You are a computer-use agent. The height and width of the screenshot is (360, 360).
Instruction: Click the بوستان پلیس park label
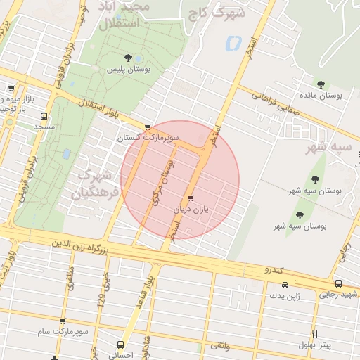pyautogui.click(x=126, y=70)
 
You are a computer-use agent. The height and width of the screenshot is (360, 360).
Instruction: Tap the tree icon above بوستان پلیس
pyautogui.click(x=127, y=58)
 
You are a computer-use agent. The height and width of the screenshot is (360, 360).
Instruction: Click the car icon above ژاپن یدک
pyautogui.click(x=285, y=285)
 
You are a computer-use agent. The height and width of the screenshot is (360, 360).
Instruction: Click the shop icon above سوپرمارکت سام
pyautogui.click(x=63, y=321)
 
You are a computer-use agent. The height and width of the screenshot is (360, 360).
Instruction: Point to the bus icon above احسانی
pyautogui.click(x=121, y=345)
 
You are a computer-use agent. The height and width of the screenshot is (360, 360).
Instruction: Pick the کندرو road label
pyautogui.click(x=273, y=270)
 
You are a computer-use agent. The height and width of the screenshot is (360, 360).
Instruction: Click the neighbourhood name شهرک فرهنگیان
pyautogui.click(x=91, y=183)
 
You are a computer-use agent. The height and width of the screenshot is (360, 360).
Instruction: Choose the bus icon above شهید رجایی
pyautogui.click(x=339, y=284)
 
